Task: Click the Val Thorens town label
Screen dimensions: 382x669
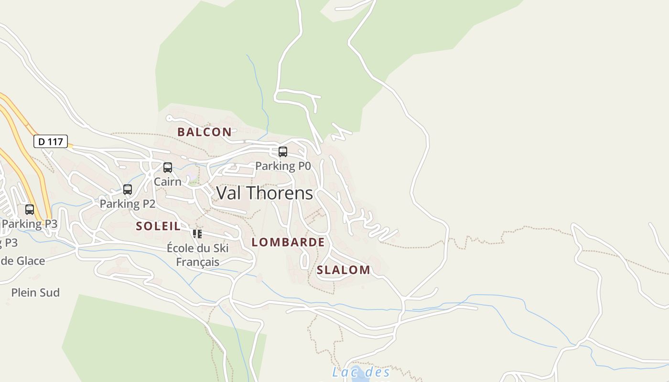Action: pyautogui.click(x=265, y=193)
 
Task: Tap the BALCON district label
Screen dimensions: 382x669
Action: pyautogui.click(x=205, y=132)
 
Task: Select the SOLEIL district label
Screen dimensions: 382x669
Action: pyautogui.click(x=158, y=226)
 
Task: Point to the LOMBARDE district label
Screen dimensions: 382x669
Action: pyautogui.click(x=288, y=242)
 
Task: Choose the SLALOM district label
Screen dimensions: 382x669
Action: pyautogui.click(x=344, y=270)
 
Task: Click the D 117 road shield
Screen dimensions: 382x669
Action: pyautogui.click(x=50, y=141)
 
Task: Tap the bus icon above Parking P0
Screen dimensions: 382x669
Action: pyautogui.click(x=283, y=152)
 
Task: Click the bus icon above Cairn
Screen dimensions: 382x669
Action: pyautogui.click(x=168, y=168)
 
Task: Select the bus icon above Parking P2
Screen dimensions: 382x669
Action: pyautogui.click(x=128, y=190)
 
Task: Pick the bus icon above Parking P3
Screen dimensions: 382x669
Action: pyautogui.click(x=30, y=210)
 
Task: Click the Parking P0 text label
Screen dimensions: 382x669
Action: pyautogui.click(x=283, y=166)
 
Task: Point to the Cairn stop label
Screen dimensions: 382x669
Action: pyautogui.click(x=167, y=182)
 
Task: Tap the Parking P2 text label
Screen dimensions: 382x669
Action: pyautogui.click(x=128, y=204)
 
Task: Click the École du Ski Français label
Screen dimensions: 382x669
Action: pyautogui.click(x=197, y=255)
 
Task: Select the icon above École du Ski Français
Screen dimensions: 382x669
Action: pyautogui.click(x=197, y=234)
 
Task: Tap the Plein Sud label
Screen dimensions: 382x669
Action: pyautogui.click(x=35, y=293)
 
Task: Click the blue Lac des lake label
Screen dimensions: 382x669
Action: pyautogui.click(x=361, y=372)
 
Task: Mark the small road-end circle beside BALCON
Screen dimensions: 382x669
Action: pyautogui.click(x=169, y=117)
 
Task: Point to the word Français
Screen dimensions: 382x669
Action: pyautogui.click(x=197, y=262)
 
